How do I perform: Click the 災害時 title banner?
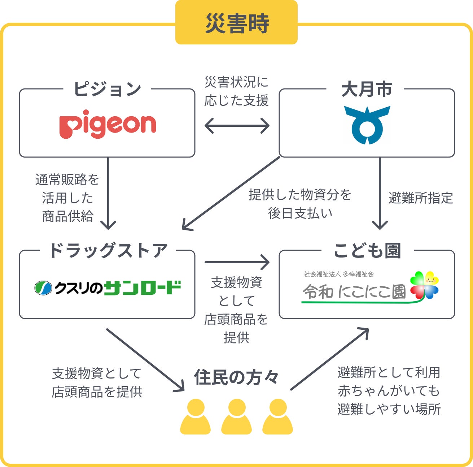pos(236,23)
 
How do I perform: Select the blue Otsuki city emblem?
pos(367,125)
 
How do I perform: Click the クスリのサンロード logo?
pos(108,288)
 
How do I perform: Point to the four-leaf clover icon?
pos(424,285)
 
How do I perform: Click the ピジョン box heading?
pos(107,89)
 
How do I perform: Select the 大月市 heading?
pos(367,89)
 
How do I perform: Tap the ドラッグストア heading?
pos(108,250)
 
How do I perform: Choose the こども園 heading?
pos(367,250)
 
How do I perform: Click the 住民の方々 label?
pos(236,377)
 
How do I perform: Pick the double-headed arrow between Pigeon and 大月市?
pos(237,126)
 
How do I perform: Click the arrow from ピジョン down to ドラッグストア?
pos(108,193)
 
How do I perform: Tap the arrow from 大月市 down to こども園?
pos(380,193)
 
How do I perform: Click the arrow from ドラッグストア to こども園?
pos(237,262)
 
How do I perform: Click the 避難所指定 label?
pos(421,198)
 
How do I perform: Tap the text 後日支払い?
pos(300,213)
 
